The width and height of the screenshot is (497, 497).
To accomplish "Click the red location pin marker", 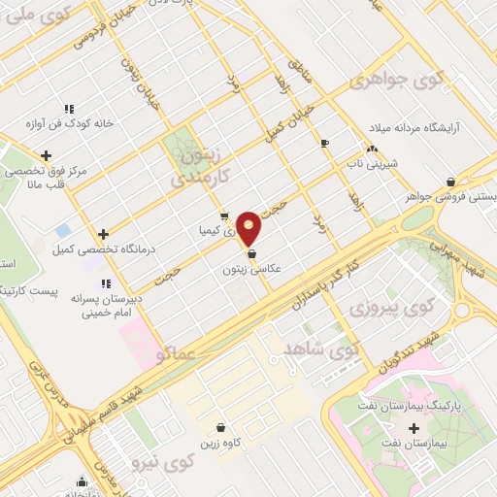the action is [x=249, y=228].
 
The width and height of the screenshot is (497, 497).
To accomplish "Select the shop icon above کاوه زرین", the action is [x=223, y=428].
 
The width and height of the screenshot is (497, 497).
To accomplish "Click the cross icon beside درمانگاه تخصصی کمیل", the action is [x=104, y=234].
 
